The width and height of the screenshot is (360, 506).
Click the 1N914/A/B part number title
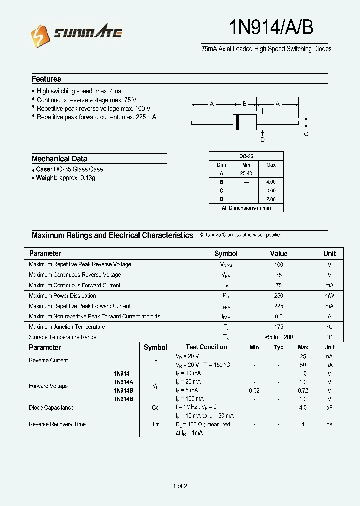271,28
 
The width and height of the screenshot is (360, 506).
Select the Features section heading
46,79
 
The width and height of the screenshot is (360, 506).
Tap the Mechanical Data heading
59,159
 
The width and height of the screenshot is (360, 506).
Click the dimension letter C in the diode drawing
306,134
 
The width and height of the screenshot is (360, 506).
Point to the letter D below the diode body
262,140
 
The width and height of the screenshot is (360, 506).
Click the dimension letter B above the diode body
245,104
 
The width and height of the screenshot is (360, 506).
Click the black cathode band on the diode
237,122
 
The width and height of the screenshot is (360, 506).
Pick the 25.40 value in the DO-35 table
246,173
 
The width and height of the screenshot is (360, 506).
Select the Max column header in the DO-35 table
271,165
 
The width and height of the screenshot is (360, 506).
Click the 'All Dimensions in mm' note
246,208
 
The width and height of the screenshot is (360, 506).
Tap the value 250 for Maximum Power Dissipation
279,296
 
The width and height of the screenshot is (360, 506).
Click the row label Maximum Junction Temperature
67,327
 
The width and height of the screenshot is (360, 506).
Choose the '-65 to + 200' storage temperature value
279,337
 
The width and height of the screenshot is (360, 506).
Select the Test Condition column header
206,347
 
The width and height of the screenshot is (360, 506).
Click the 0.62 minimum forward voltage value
254,390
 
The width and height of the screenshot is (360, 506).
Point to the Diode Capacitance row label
51,408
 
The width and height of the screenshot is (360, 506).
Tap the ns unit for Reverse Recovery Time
329,424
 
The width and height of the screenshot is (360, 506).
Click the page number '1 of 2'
180,486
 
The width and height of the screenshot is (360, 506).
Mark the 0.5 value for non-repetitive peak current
279,316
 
